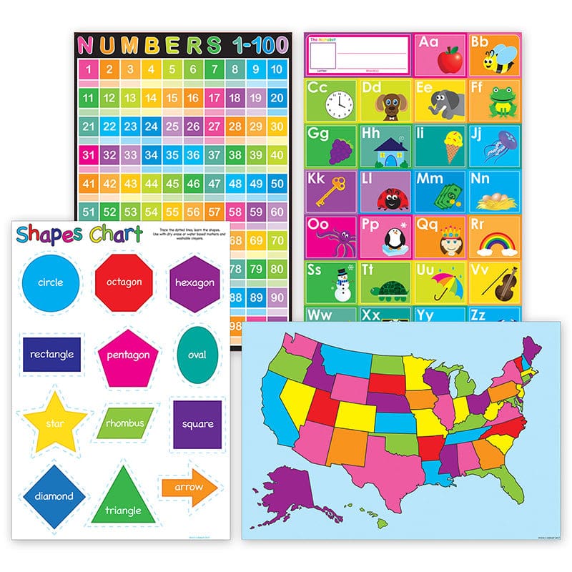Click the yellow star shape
click(x=54, y=423)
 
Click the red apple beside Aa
click(x=448, y=60)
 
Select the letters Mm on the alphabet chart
click(x=430, y=179)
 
